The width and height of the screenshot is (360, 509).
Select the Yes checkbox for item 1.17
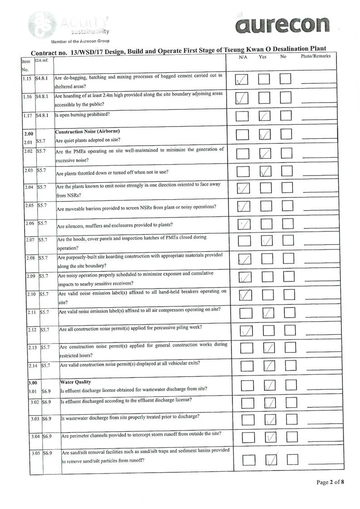264,116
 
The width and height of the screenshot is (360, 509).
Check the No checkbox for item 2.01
286,134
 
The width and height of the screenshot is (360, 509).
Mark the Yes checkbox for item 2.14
269,365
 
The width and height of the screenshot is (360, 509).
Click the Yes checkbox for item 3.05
271,460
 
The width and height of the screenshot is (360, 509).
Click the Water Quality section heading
76,382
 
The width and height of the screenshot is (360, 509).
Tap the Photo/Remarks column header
316,57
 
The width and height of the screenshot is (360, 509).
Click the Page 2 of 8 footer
330,482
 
